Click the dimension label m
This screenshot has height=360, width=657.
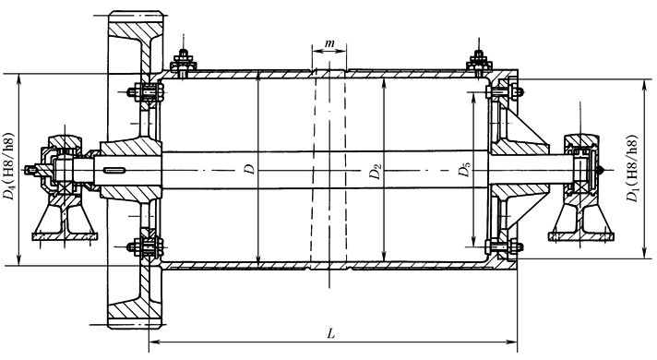point(329,43)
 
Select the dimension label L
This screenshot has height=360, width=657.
point(331,333)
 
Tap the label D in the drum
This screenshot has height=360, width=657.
point(250,169)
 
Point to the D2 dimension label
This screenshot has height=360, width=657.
point(376,171)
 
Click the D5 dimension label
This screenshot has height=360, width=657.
point(464,170)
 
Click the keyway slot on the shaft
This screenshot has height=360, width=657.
point(114,170)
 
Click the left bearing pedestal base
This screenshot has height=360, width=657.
point(66,236)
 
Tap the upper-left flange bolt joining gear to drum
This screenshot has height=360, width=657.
point(145,92)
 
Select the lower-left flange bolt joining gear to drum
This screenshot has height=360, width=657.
point(145,247)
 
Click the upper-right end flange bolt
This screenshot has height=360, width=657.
point(504,91)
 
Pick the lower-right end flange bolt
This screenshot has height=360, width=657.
point(504,246)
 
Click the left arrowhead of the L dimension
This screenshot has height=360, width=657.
point(154,342)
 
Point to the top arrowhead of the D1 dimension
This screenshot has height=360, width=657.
point(644,84)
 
